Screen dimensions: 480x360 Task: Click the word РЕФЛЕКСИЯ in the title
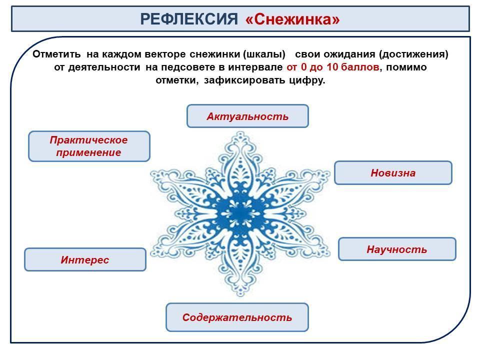point(189,19)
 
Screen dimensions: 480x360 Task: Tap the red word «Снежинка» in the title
point(292,19)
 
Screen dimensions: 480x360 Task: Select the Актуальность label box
point(247,116)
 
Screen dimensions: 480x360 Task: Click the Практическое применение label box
point(89,146)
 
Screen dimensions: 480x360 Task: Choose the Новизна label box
point(393,172)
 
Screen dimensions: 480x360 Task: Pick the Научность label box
point(397,249)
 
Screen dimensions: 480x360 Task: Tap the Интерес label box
point(85,259)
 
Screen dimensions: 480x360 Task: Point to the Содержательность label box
point(237,317)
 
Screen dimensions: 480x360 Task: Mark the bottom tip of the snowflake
point(240,295)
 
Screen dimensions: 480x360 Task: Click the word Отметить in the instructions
point(56,54)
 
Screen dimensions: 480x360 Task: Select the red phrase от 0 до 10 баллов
point(333,67)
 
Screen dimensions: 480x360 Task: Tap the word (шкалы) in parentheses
point(264,54)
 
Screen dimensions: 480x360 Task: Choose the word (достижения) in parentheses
point(413,54)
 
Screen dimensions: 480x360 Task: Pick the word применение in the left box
point(89,152)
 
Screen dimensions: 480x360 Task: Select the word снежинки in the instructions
point(215,54)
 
